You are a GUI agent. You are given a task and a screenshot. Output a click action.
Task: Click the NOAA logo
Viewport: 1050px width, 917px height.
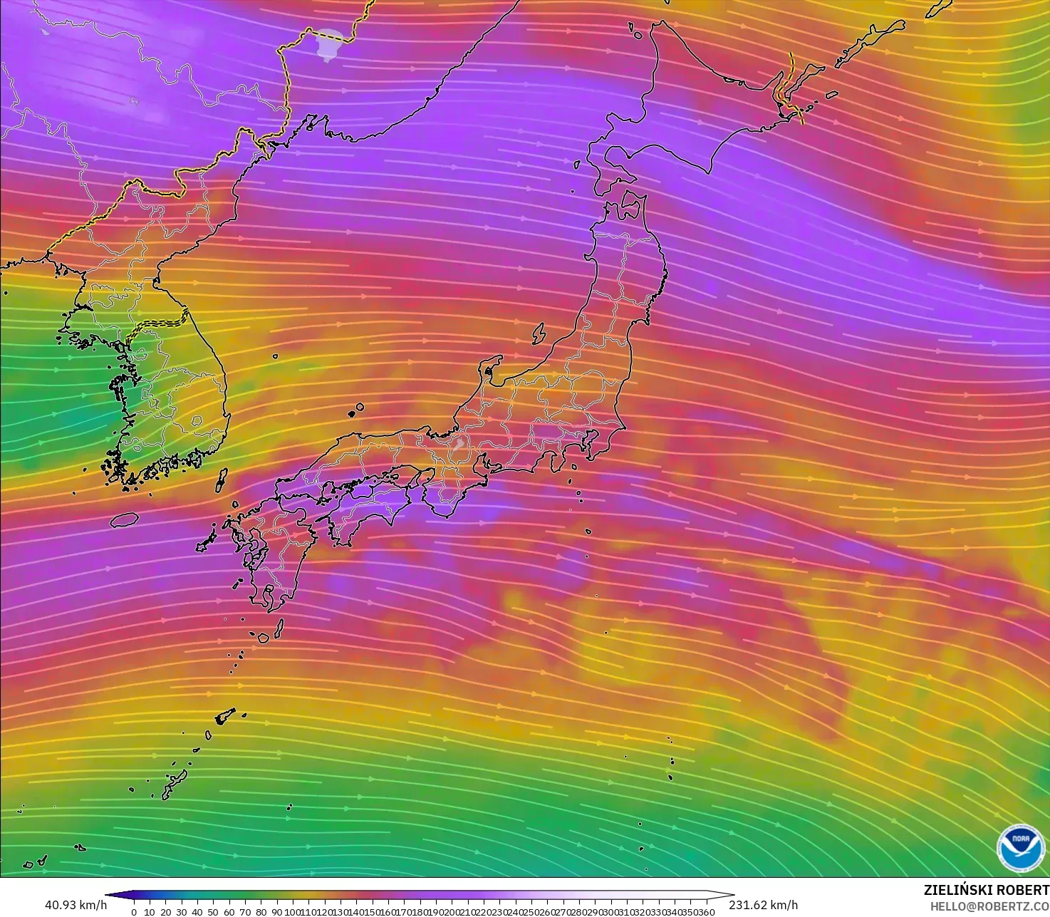click(1017, 846)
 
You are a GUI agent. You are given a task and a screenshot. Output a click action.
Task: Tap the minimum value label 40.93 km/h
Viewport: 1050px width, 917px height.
click(76, 905)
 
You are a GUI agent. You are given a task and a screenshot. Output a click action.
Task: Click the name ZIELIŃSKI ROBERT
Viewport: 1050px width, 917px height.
click(986, 890)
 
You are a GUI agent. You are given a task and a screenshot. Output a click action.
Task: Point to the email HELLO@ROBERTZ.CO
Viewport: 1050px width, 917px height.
click(989, 905)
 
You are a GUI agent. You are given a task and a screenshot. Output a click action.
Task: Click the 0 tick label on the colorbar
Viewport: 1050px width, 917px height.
click(134, 912)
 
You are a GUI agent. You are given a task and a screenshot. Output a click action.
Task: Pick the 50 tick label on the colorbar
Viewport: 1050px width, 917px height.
click(213, 912)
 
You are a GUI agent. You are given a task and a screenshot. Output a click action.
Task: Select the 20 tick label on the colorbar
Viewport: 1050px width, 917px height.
click(165, 912)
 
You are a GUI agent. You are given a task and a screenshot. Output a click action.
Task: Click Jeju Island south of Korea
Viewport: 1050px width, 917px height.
click(124, 519)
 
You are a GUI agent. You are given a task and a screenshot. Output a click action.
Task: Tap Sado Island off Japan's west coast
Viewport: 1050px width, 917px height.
click(539, 333)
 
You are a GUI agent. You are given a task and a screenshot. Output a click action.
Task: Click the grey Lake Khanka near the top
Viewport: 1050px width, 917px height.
click(328, 45)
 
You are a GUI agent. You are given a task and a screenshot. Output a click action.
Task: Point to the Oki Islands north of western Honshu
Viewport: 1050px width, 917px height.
click(355, 410)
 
